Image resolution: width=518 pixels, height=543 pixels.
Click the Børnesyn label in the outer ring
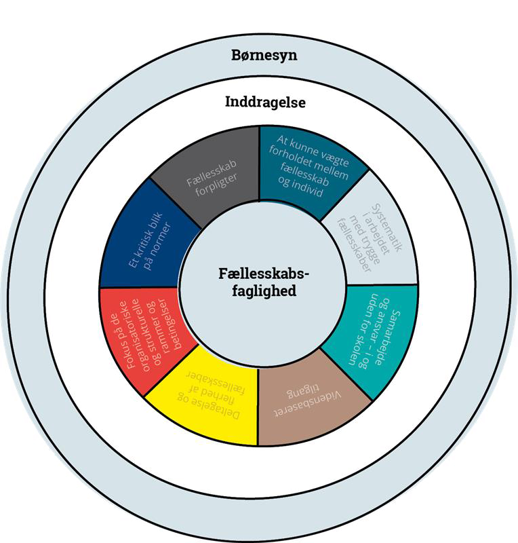pyautogui.click(x=259, y=55)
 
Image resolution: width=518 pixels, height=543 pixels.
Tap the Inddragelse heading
pyautogui.click(x=264, y=102)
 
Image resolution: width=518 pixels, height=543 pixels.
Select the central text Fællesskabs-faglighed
pyautogui.click(x=263, y=281)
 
